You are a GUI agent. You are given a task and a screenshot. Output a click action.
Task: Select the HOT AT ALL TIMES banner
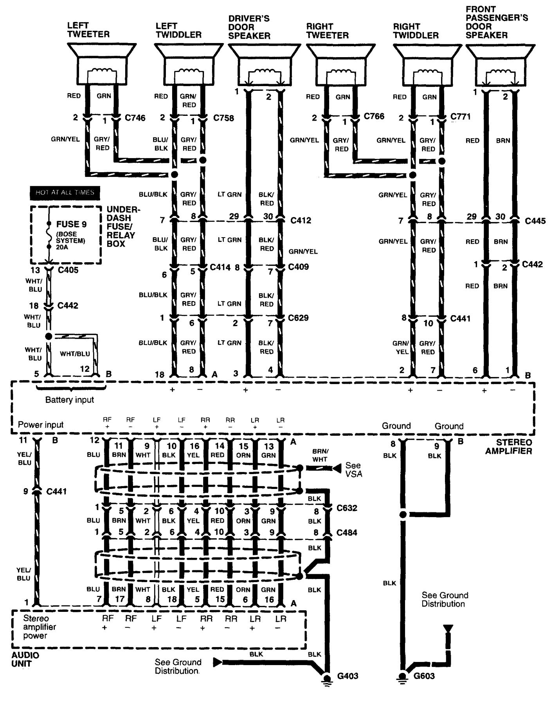pyautogui.click(x=65, y=193)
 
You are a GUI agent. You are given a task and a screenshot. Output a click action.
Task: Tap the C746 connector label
pyautogui.click(x=135, y=118)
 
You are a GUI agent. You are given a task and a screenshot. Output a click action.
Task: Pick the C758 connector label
pyautogui.click(x=223, y=118)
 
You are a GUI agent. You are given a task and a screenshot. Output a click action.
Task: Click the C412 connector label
pyautogui.click(x=301, y=220)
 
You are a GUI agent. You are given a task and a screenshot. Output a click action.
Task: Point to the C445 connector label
pyautogui.click(x=535, y=221)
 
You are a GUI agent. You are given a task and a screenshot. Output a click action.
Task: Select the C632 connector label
pyautogui.click(x=347, y=508)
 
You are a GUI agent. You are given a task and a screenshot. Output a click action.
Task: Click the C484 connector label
pyautogui.click(x=347, y=532)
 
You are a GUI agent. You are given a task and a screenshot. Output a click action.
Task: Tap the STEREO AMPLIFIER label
pyautogui.click(x=509, y=447)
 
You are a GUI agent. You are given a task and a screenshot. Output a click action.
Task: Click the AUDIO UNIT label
pyautogui.click(x=25, y=659)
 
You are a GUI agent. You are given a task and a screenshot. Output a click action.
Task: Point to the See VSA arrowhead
pyautogui.click(x=336, y=468)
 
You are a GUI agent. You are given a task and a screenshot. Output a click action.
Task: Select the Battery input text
pyautogui.click(x=70, y=400)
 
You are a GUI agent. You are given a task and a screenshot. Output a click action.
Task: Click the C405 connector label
pyautogui.click(x=68, y=270)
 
